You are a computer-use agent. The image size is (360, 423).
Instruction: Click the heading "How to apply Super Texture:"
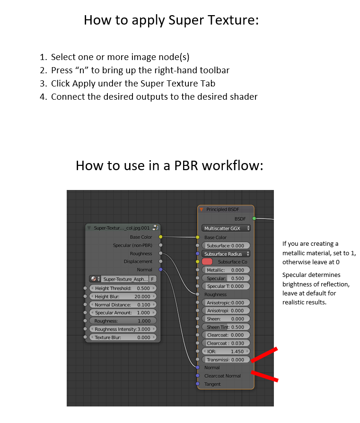coord(171,20)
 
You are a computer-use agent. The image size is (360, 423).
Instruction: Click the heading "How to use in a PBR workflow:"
coord(169,165)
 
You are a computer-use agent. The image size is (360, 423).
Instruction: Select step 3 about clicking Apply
coord(133,84)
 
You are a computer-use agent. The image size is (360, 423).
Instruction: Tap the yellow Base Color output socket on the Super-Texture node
coord(161,237)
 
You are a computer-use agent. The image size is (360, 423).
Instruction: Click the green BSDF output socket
coord(254,218)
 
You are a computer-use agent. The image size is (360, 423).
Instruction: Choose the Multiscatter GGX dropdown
coord(226,228)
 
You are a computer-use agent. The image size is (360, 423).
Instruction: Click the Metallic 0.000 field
coord(226,270)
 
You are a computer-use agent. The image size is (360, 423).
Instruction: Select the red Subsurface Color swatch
coord(207,262)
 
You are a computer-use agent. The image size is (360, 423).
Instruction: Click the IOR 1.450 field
coord(226,352)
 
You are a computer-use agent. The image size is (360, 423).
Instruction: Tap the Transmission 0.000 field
coord(226,360)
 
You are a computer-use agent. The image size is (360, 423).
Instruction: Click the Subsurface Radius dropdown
coord(226,254)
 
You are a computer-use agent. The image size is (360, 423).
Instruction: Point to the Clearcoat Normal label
coord(222,376)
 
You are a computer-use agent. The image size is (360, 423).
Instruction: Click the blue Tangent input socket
coord(198,384)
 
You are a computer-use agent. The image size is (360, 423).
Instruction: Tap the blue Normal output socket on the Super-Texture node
coord(161,269)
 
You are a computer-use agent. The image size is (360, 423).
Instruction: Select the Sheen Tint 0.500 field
coord(226,327)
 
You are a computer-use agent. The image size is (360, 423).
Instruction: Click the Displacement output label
coord(138,261)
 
